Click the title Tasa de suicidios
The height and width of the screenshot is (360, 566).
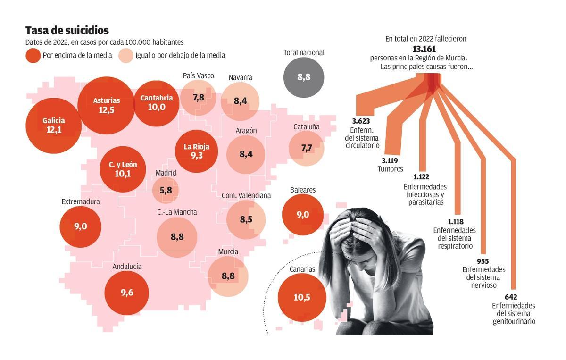click(67, 31)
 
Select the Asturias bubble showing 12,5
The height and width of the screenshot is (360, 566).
click(107, 105)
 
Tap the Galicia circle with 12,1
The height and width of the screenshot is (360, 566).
click(54, 125)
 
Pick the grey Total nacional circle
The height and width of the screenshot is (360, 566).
click(304, 77)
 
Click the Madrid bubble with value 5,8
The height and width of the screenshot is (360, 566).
click(166, 191)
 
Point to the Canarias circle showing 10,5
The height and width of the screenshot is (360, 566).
click(302, 297)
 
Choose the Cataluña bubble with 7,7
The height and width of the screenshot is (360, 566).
click(307, 148)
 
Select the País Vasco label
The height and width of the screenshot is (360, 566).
click(198, 75)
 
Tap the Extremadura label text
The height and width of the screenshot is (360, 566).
click(81, 201)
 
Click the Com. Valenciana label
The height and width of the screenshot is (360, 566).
click(246, 195)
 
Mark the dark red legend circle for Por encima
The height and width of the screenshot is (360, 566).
click(33, 56)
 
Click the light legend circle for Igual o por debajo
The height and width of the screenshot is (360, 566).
click(126, 56)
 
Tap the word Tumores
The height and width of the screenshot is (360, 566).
click(390, 169)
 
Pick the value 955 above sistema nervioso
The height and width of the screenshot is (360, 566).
click(483, 261)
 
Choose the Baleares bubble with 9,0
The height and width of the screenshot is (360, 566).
click(303, 215)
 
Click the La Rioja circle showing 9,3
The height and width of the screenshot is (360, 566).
click(197, 151)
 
